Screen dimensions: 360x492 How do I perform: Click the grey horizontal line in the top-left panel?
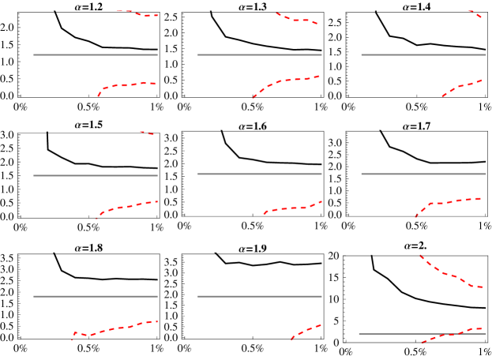95,54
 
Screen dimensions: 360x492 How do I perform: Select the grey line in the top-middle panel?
259,54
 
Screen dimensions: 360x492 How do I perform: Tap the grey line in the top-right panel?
423,54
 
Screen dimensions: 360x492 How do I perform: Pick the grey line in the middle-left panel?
95,175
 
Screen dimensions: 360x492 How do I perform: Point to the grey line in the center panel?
259,174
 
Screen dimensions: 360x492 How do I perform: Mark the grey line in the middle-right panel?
423,174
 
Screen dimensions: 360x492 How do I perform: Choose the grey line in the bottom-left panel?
95,296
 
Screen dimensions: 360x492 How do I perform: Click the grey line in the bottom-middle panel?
259,296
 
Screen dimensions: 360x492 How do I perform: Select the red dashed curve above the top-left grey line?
138,13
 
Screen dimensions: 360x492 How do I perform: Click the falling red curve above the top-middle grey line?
296,20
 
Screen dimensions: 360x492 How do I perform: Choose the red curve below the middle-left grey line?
126,207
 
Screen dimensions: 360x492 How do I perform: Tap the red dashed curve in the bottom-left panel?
115,328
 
